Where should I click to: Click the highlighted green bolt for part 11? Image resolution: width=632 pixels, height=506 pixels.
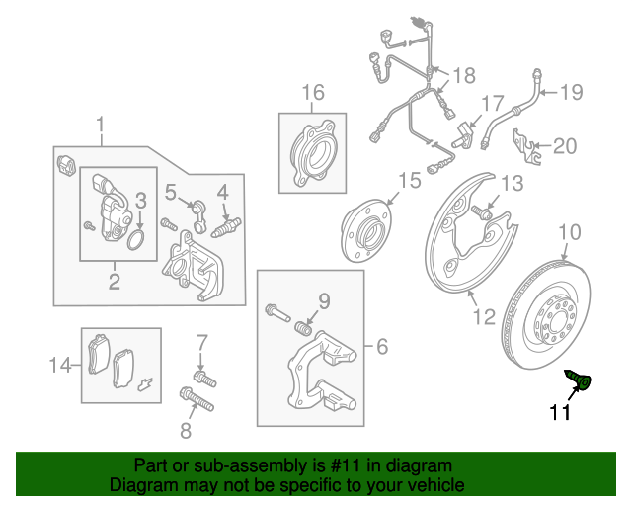(x=581, y=379)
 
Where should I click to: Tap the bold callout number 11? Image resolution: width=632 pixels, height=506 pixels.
(x=561, y=413)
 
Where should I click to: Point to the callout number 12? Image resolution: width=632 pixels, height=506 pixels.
(x=483, y=317)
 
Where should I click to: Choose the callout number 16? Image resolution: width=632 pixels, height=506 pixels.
(x=312, y=94)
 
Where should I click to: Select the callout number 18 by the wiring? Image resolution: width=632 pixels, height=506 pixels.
(x=463, y=75)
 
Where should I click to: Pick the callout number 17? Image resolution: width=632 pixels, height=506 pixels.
(x=492, y=104)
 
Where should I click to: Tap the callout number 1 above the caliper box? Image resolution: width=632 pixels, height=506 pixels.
(x=100, y=125)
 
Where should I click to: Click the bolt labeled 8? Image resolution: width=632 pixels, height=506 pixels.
(x=197, y=401)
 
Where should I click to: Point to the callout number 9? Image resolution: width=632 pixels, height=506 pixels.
(x=322, y=301)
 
